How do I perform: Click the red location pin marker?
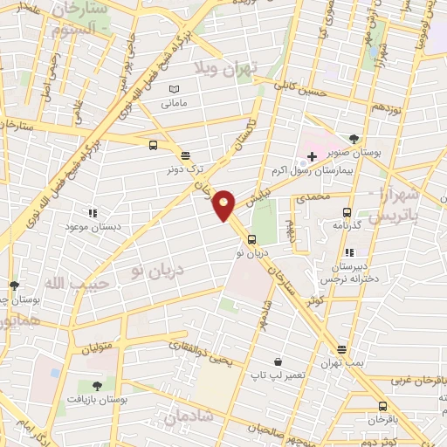(224, 203)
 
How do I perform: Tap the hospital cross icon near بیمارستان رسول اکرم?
(312, 155)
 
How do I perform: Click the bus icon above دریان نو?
(251, 239)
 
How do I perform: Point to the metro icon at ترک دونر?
(184, 155)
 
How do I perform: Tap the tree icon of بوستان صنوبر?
(353, 139)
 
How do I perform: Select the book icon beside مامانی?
(174, 89)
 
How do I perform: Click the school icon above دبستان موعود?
(93, 212)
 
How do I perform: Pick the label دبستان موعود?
(91, 226)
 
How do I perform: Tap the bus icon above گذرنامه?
(347, 212)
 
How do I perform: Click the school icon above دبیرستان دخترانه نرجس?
(349, 252)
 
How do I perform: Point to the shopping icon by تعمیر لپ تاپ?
(278, 361)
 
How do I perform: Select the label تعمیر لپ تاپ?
(277, 375)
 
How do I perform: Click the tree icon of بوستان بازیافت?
(96, 385)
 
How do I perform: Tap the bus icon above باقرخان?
(382, 406)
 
